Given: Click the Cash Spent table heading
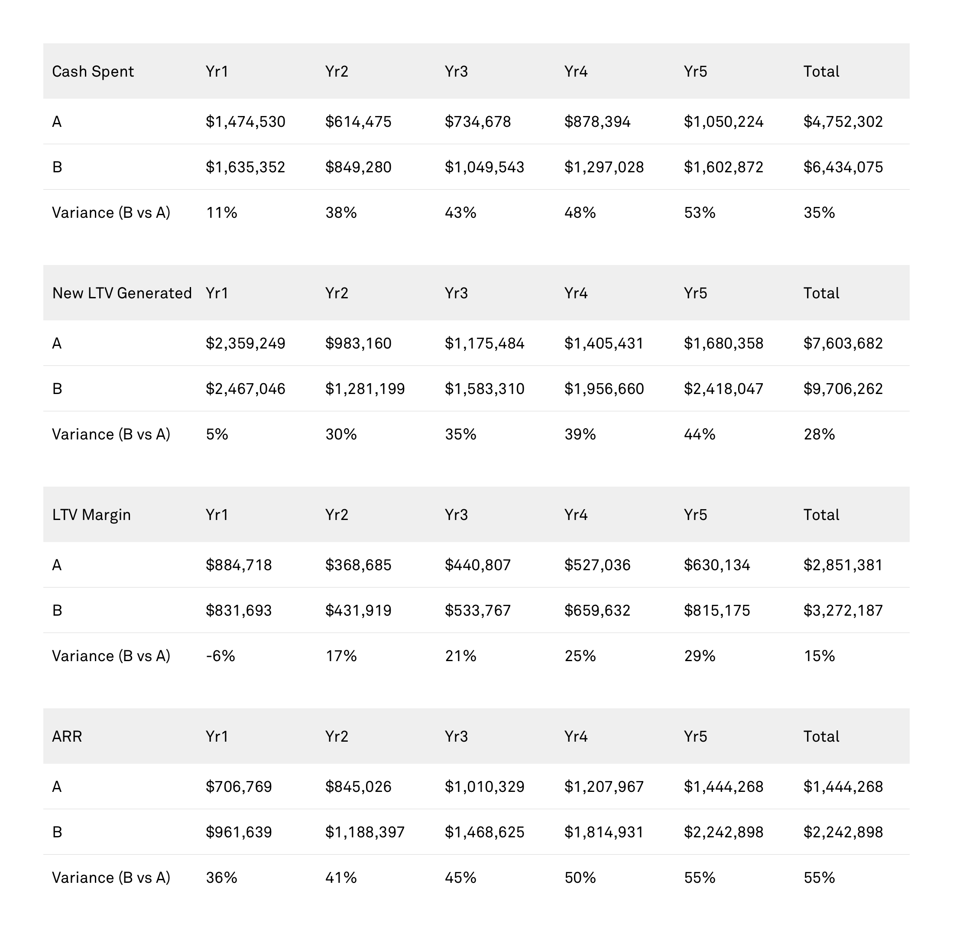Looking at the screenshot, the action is (93, 72).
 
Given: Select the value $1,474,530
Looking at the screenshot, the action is (245, 122).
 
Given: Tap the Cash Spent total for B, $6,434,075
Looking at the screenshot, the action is (843, 168).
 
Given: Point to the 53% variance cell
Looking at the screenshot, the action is (699, 213).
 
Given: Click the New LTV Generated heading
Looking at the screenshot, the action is (122, 293).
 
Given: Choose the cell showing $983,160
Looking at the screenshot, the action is (358, 343).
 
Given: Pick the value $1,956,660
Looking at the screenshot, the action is (604, 389).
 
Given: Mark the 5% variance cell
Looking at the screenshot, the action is (217, 434).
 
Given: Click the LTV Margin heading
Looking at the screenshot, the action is (91, 515).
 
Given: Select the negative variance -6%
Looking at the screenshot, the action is (220, 656).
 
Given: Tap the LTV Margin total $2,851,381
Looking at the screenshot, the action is (843, 565).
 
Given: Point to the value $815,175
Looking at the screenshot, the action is (716, 610).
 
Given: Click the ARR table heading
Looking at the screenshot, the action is (67, 736).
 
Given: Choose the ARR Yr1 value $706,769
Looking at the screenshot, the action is (239, 786).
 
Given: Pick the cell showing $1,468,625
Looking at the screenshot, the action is (484, 832).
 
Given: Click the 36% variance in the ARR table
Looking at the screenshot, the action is (221, 877).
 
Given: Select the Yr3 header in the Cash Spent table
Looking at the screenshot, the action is (456, 72).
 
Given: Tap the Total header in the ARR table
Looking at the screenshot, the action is (821, 736).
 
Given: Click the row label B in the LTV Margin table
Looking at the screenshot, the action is (57, 610).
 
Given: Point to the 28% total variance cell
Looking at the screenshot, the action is (819, 434).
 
